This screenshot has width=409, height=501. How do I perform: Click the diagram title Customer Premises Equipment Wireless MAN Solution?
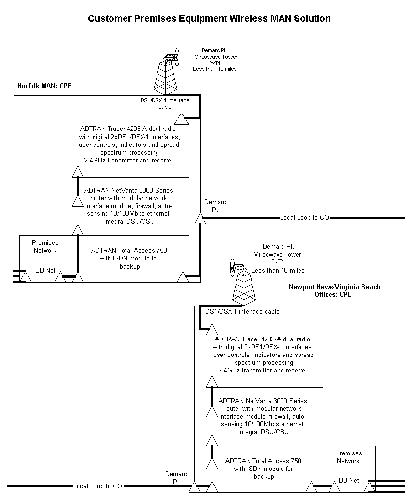click(209, 19)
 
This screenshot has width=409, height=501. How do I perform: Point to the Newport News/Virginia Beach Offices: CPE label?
click(334, 291)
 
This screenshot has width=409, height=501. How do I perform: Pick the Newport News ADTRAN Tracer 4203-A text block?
click(263, 355)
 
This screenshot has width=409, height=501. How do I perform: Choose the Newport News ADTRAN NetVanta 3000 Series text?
click(263, 416)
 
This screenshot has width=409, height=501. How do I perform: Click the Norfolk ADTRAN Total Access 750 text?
click(129, 259)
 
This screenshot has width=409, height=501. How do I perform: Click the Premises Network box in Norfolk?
click(45, 246)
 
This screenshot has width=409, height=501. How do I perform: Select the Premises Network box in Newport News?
click(348, 457)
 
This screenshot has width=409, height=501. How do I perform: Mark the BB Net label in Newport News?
click(349, 480)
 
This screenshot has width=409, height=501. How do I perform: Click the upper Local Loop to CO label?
click(304, 217)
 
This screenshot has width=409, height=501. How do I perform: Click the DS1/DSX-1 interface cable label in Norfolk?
click(161, 103)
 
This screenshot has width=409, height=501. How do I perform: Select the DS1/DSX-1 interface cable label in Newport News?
click(242, 311)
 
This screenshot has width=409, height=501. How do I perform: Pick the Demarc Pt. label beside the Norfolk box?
click(215, 206)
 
